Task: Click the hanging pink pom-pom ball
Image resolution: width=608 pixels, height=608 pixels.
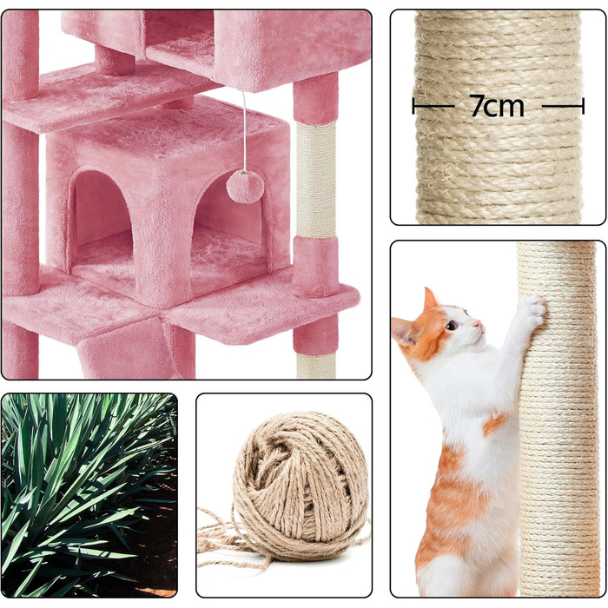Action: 245,187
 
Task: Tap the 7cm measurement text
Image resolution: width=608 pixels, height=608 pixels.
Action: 498,105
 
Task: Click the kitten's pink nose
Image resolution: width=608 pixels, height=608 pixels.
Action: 478,323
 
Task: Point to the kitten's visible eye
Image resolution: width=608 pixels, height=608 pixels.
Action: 452,325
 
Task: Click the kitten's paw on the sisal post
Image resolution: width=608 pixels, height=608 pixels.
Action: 532,309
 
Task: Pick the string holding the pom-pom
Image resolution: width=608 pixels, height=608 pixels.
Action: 244,130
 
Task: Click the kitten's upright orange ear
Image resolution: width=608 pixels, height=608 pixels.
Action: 430,300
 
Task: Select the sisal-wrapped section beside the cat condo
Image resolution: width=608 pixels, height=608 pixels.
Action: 316,180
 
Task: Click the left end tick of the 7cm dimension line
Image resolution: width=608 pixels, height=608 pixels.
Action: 413,106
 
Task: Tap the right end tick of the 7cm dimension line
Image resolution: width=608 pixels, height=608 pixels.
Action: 583,106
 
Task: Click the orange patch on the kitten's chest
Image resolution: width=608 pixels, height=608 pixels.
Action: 494,423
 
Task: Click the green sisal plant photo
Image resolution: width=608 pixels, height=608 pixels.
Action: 89,495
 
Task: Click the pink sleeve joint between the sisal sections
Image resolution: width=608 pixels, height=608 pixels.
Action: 314,266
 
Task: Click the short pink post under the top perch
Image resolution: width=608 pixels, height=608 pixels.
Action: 115,60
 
